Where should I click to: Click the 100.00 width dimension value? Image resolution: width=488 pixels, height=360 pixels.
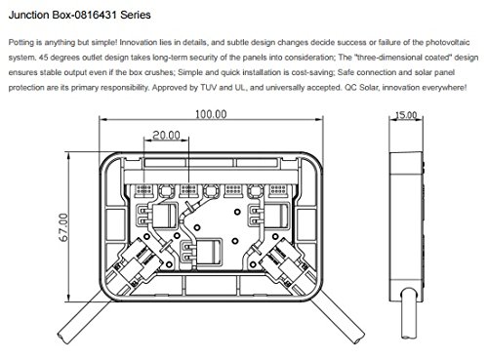pyautogui.click(x=211, y=114)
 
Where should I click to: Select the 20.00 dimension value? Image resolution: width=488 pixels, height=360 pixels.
pyautogui.click(x=166, y=135)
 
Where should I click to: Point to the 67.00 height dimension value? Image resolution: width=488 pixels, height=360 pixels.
pyautogui.click(x=63, y=227)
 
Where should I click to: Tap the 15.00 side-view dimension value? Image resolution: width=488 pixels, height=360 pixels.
pyautogui.click(x=406, y=115)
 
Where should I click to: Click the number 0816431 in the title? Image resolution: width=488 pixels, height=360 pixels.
pyautogui.click(x=95, y=15)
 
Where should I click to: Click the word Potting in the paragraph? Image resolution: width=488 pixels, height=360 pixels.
pyautogui.click(x=20, y=43)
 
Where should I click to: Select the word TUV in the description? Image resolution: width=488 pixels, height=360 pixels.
pyautogui.click(x=209, y=87)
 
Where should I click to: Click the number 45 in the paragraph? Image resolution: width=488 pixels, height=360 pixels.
pyautogui.click(x=43, y=58)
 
